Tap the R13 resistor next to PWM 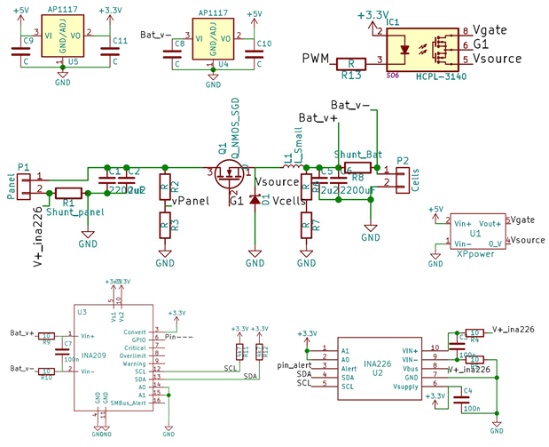(352, 63)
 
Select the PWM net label (316, 59)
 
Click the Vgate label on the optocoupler (491, 29)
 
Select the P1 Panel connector (24, 183)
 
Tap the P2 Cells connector (402, 178)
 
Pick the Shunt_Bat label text (358, 154)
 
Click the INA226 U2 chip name (377, 363)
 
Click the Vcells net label (290, 201)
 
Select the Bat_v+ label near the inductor (317, 117)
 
